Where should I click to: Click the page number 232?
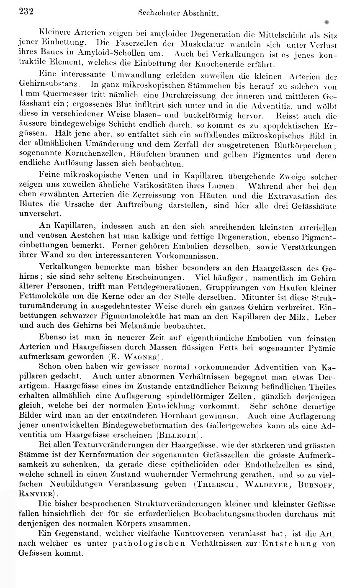pyautogui.click(x=26, y=13)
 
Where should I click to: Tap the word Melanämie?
pyautogui.click(x=161, y=326)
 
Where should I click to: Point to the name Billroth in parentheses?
pyautogui.click(x=179, y=434)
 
